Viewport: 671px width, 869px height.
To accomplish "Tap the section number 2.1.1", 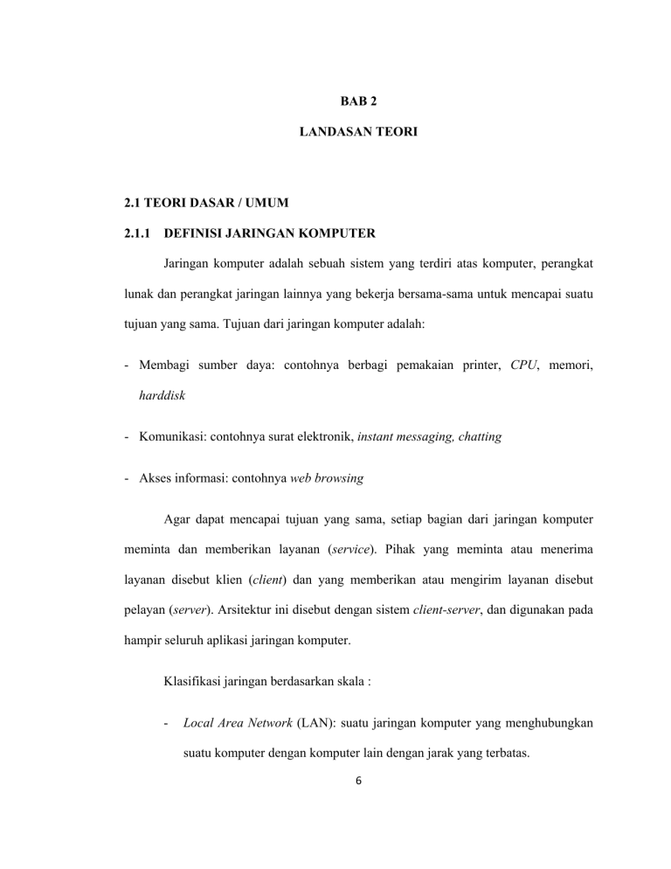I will click(x=138, y=233).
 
